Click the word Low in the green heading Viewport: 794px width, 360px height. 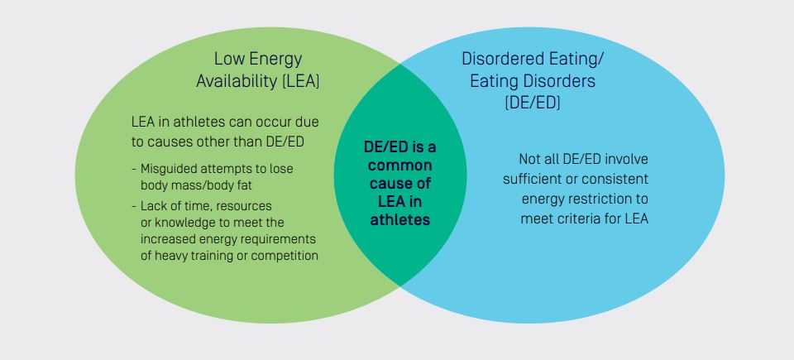229,59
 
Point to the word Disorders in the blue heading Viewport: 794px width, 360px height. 562,81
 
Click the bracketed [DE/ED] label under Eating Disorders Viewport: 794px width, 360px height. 533,103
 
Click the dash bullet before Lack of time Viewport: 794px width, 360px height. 133,205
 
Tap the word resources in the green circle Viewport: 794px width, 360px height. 240,205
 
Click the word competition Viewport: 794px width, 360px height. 285,256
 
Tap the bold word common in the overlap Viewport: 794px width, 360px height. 400,166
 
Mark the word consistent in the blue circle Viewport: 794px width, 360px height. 614,179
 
